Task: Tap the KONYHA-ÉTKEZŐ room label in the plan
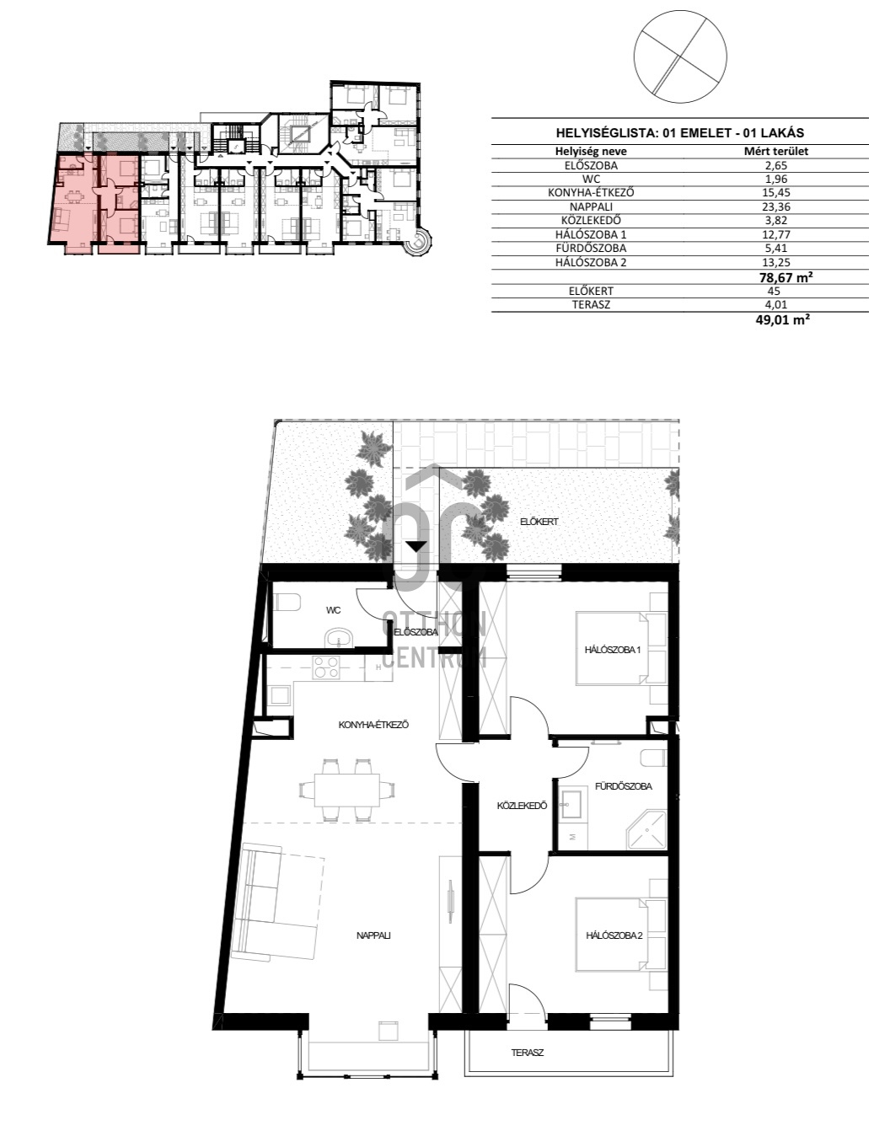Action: click(x=373, y=725)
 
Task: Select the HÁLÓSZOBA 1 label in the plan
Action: click(x=613, y=650)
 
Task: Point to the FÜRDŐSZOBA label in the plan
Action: click(x=624, y=786)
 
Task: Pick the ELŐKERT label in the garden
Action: click(x=539, y=522)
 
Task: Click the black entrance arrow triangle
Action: click(x=416, y=546)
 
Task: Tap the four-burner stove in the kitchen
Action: click(x=325, y=667)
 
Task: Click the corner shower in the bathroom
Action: click(x=646, y=829)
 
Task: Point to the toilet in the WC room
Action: click(x=287, y=603)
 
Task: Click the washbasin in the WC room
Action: click(x=340, y=638)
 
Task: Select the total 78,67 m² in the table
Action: click(x=786, y=277)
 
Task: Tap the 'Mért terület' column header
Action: click(x=775, y=152)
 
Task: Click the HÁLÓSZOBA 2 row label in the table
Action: click(x=591, y=262)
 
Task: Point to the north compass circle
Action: click(x=679, y=57)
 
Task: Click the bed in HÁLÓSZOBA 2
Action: click(x=621, y=935)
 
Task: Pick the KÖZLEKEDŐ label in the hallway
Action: click(x=522, y=806)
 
